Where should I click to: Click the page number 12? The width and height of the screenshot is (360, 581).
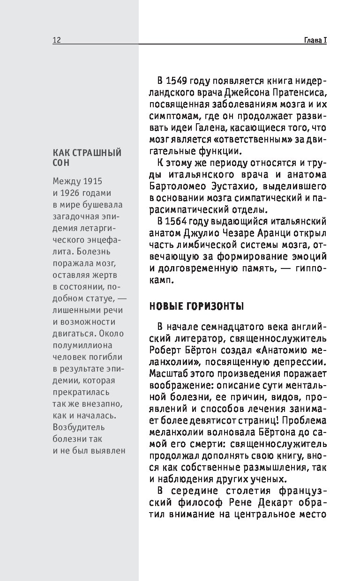click(x=56, y=40)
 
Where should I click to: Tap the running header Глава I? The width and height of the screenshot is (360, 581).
click(x=312, y=40)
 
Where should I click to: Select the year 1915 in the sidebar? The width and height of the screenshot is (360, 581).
click(x=92, y=181)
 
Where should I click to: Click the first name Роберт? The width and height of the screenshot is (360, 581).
click(x=165, y=350)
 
